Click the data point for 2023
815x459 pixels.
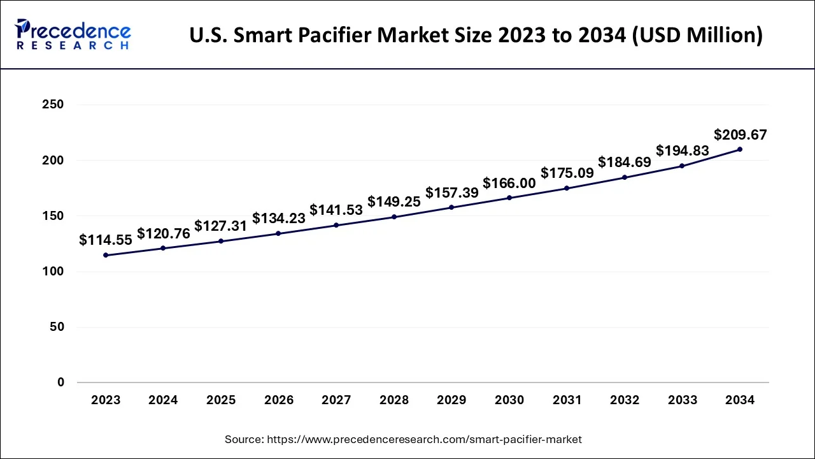[106, 255]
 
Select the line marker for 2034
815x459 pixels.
[739, 149]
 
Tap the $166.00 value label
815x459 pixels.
[509, 184]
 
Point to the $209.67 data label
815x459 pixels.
[740, 135]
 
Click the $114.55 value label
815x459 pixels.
[106, 240]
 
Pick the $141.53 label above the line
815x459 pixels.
[336, 210]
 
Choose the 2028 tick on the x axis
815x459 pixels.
[394, 400]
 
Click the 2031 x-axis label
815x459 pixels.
[567, 400]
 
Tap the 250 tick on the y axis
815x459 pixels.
[52, 105]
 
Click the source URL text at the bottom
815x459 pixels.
[403, 439]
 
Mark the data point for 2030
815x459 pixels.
[509, 198]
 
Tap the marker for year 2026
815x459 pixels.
[278, 233]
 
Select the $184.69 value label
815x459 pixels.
[625, 163]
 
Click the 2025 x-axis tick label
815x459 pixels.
[221, 400]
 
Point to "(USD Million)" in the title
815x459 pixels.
[699, 35]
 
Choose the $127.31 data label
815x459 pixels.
[221, 226]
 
